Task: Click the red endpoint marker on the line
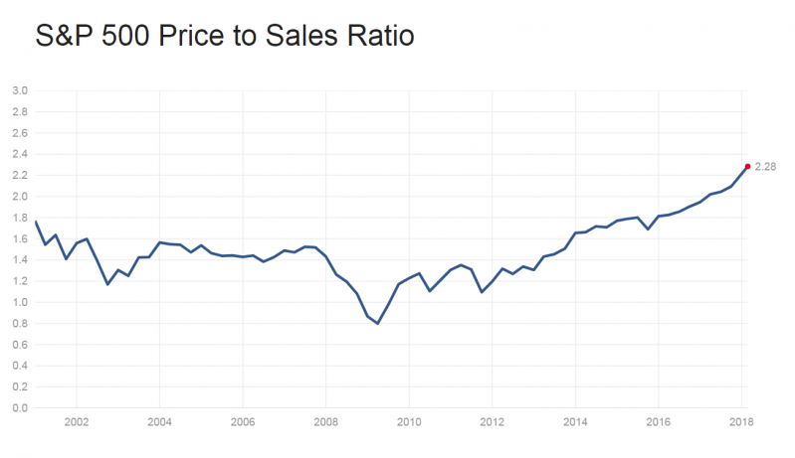[747, 166]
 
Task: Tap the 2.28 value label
[765, 167]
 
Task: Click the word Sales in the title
[306, 37]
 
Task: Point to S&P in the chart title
[63, 37]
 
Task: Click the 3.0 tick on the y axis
[19, 91]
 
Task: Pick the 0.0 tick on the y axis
[19, 408]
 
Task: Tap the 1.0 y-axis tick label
[19, 303]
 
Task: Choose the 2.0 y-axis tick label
[19, 197]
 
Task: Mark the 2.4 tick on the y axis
[19, 155]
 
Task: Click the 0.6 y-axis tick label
[19, 345]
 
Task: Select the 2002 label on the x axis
[77, 421]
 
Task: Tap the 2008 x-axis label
[325, 421]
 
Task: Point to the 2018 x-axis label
[740, 421]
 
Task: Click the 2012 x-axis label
[492, 421]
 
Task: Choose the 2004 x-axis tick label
[159, 421]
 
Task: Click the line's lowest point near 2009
[378, 323]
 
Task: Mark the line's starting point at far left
[36, 222]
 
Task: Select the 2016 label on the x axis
[658, 421]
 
